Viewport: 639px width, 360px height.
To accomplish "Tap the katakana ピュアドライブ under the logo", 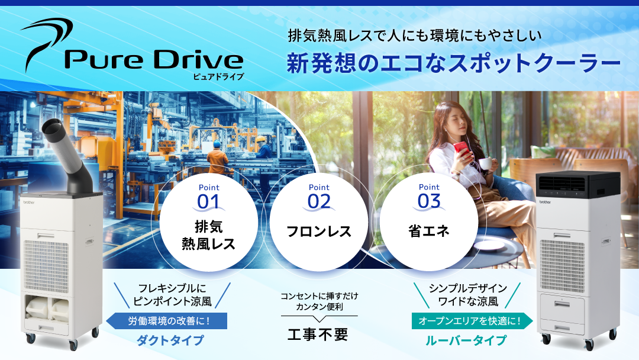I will tap(218, 76).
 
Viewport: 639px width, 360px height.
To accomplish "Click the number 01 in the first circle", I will tap(208, 201).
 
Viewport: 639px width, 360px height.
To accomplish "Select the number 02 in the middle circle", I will tap(319, 201).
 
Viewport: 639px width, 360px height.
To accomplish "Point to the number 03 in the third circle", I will tap(429, 201).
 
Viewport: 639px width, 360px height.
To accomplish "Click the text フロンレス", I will tap(319, 231).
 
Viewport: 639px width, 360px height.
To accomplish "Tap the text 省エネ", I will tap(429, 231).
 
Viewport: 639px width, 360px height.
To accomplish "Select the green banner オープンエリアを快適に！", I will tap(471, 322).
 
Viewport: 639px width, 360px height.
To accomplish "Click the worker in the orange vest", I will tap(219, 159).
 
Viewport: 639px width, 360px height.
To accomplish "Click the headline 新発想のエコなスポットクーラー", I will tap(453, 63).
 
